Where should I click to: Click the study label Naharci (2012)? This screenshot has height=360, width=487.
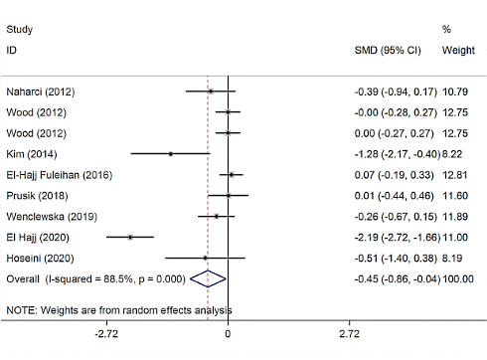(41, 91)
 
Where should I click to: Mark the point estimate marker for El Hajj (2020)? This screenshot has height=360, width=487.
(130, 237)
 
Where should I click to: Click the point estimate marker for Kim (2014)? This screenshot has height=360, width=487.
(170, 154)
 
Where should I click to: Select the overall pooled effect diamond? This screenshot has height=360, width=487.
(208, 279)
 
